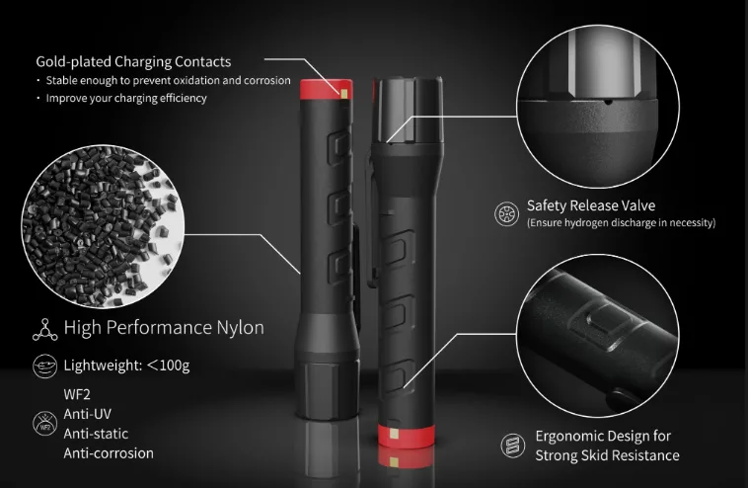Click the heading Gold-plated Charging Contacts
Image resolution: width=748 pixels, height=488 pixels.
(133, 61)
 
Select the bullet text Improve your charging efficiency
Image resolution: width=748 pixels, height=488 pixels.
(126, 99)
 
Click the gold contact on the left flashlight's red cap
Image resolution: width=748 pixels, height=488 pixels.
(345, 93)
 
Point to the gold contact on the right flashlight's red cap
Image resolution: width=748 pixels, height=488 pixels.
(394, 433)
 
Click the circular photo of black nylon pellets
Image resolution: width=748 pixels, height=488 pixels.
(103, 226)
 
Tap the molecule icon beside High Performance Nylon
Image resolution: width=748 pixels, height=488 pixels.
(44, 330)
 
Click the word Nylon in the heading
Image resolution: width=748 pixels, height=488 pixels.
(241, 328)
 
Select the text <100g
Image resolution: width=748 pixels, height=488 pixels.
(169, 366)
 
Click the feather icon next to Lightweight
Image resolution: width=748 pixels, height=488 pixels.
(44, 366)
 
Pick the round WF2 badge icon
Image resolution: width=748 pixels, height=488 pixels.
(44, 424)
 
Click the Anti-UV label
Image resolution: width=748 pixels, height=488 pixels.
(87, 414)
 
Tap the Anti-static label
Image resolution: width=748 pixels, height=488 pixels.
(96, 434)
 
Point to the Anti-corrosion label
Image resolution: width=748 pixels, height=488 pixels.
(109, 453)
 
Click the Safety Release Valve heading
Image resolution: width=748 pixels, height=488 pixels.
(591, 205)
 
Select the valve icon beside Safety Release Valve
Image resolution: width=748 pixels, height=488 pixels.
(506, 213)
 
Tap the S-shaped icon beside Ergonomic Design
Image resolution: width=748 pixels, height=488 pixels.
(513, 446)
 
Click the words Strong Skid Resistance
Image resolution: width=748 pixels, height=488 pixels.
(607, 455)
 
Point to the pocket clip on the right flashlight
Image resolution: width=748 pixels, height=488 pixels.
(371, 215)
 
